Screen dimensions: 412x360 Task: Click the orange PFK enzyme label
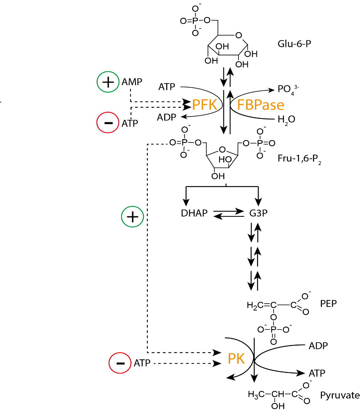pyautogui.click(x=205, y=105)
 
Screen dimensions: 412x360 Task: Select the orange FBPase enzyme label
pyautogui.click(x=260, y=105)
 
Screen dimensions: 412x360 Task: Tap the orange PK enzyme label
pyautogui.click(x=236, y=359)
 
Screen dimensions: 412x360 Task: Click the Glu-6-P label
pyautogui.click(x=294, y=44)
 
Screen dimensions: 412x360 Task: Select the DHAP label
pyautogui.click(x=194, y=213)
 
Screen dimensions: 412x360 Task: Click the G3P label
pyautogui.click(x=258, y=213)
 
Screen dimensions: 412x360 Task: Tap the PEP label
pyautogui.click(x=328, y=304)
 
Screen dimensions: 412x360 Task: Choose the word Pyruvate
pyautogui.click(x=340, y=395)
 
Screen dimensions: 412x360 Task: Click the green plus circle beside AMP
pyautogui.click(x=108, y=82)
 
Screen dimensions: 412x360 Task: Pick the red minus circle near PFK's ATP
pyautogui.click(x=108, y=122)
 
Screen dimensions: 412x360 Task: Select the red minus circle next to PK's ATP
pyautogui.click(x=120, y=363)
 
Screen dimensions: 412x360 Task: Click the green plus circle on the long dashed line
pyautogui.click(x=132, y=217)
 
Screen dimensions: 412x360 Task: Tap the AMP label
pyautogui.click(x=132, y=82)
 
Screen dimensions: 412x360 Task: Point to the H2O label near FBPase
pyautogui.click(x=286, y=120)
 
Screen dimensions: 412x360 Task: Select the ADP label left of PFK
pyautogui.click(x=167, y=117)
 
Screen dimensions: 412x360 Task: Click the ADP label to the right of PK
pyautogui.click(x=318, y=346)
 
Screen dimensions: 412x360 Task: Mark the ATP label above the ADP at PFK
pyautogui.click(x=167, y=87)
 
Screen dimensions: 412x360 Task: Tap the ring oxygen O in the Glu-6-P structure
pyautogui.click(x=239, y=35)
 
